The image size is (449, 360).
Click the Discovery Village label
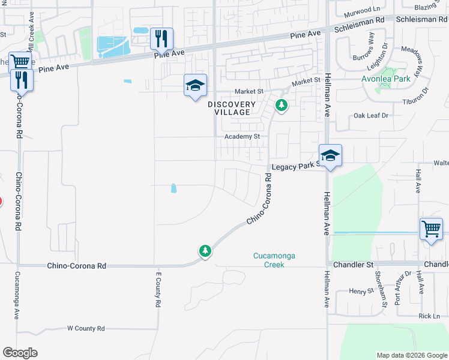(232, 108)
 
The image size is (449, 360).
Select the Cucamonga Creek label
(274, 260)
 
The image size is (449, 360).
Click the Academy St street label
(242, 137)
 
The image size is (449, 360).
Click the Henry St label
(361, 292)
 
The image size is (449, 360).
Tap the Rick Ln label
(429, 316)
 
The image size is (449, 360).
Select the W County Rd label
(86, 328)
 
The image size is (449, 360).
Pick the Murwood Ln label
(363, 10)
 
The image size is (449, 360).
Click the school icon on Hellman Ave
(330, 156)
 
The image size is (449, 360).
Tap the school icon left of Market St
(195, 86)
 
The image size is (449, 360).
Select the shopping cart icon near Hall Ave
(431, 228)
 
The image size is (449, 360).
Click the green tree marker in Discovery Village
(280, 106)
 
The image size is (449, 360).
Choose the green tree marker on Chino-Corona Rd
(205, 250)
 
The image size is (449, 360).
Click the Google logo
(20, 353)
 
